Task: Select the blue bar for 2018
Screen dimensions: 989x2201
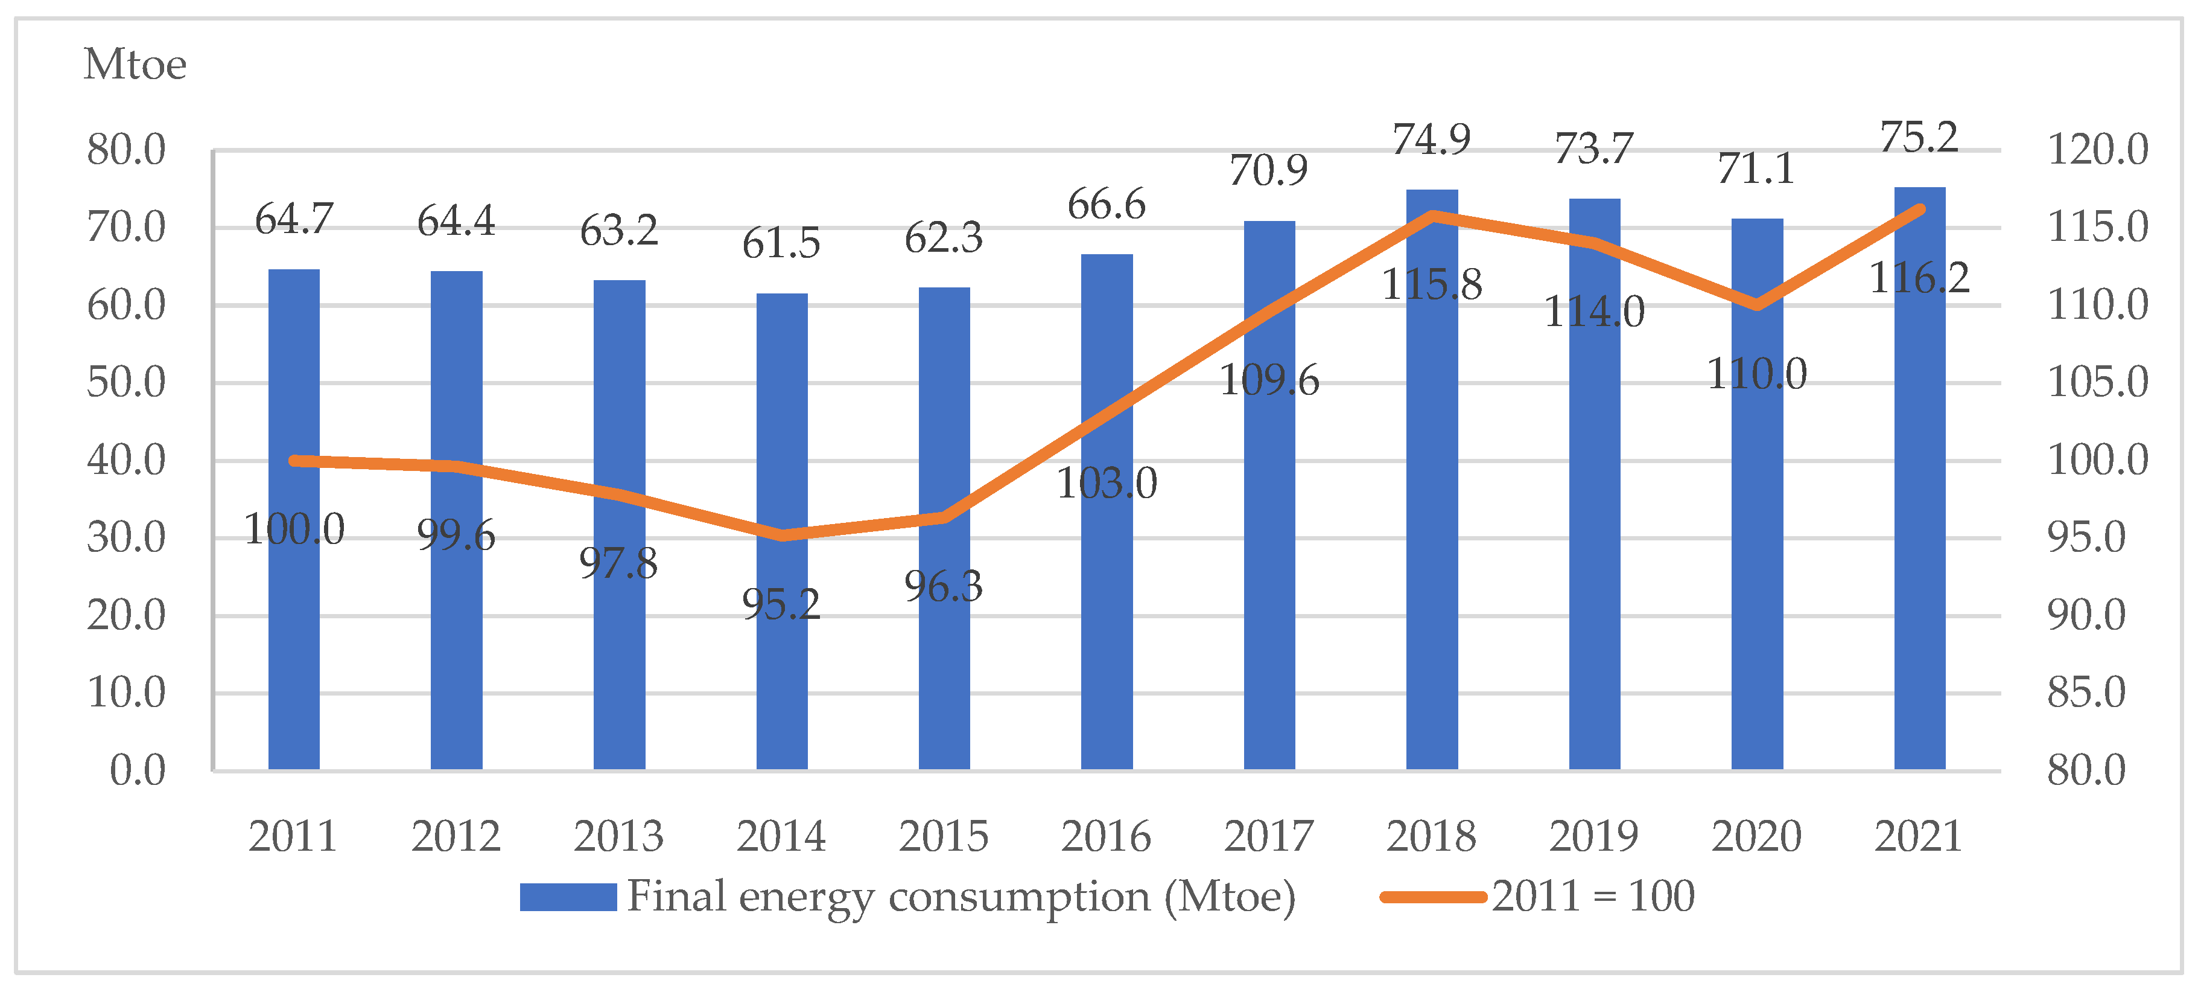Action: pos(1432,479)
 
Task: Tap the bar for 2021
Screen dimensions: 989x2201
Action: pos(1919,479)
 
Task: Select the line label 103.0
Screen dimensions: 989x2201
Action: pos(1107,484)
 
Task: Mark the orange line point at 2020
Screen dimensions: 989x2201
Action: pos(1757,305)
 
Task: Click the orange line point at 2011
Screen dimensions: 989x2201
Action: pos(294,461)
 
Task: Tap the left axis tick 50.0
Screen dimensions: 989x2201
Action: pos(127,382)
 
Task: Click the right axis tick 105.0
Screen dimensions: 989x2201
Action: pos(2098,382)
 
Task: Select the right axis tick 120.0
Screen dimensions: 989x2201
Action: pos(2098,150)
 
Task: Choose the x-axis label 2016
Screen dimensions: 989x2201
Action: pos(1107,836)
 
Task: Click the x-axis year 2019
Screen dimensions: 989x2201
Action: pos(1595,836)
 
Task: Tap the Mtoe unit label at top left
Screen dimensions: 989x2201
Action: pos(135,64)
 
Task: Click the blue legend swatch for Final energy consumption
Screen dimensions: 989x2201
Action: pos(568,897)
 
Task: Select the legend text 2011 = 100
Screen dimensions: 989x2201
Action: pos(1593,896)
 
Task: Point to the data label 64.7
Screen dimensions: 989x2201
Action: pos(294,220)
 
